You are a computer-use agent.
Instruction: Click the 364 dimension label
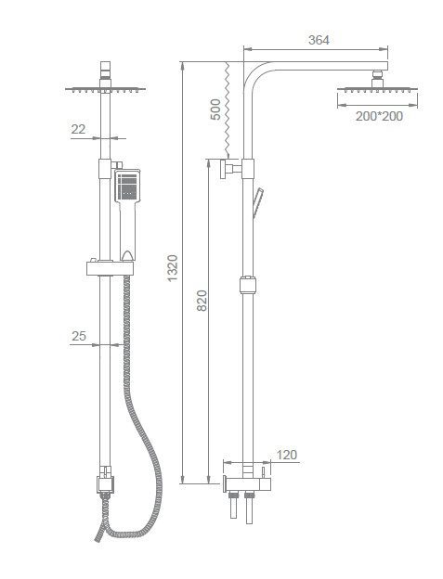click(x=319, y=40)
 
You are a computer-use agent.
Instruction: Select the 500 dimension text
click(x=215, y=109)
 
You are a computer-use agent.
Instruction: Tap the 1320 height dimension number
click(x=173, y=268)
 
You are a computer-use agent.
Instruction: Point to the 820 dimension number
click(x=202, y=301)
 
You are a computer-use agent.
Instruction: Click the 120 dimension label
click(x=287, y=455)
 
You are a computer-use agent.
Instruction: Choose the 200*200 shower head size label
click(x=379, y=116)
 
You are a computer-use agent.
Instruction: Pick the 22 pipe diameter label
click(x=78, y=129)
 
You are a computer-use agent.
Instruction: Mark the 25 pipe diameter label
click(x=79, y=336)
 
